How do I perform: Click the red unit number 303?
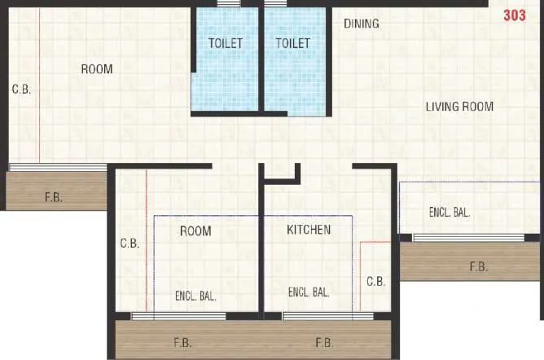click(515, 15)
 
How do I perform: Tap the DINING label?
click(361, 24)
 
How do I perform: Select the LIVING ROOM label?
click(459, 107)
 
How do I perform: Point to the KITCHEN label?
click(309, 230)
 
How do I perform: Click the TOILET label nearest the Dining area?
click(293, 43)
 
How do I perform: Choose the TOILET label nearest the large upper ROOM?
click(226, 43)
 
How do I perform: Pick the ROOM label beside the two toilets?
click(97, 69)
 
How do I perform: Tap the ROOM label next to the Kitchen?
click(195, 231)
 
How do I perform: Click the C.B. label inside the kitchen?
click(375, 282)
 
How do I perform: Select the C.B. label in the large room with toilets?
click(21, 90)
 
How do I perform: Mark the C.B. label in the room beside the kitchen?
click(130, 243)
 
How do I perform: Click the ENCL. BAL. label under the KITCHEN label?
click(309, 292)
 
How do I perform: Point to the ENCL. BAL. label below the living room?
click(450, 213)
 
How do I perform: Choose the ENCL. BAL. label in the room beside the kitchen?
click(195, 296)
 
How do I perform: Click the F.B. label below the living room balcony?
click(478, 266)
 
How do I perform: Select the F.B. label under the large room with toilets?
click(53, 197)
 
